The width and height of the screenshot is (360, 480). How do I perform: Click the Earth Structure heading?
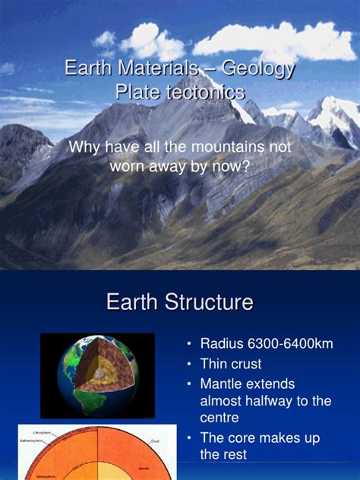coord(179,302)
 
